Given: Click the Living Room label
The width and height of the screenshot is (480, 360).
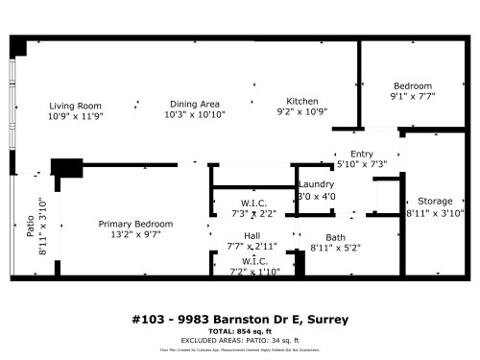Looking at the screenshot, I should coord(76,105).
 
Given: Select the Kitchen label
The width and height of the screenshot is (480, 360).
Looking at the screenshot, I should coord(302,101).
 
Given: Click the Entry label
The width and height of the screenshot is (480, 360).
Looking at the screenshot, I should coord(361,154).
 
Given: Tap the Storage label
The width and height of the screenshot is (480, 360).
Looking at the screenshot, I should coord(436,202).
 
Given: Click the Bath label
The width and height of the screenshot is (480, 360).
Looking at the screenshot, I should coord(335,237).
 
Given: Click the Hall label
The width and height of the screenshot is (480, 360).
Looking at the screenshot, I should coord(252,236).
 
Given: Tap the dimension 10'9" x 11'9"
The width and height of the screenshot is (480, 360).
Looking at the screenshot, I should coord(76,115).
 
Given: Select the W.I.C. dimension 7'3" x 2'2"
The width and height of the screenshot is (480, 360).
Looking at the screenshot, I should coord(253,213).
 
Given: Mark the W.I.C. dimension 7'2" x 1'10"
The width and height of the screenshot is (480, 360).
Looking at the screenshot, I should coord(253,271).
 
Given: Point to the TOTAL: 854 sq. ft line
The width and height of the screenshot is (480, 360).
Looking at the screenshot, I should coord(239,330).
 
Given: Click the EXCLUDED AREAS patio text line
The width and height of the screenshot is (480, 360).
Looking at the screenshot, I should coord(239,340).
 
